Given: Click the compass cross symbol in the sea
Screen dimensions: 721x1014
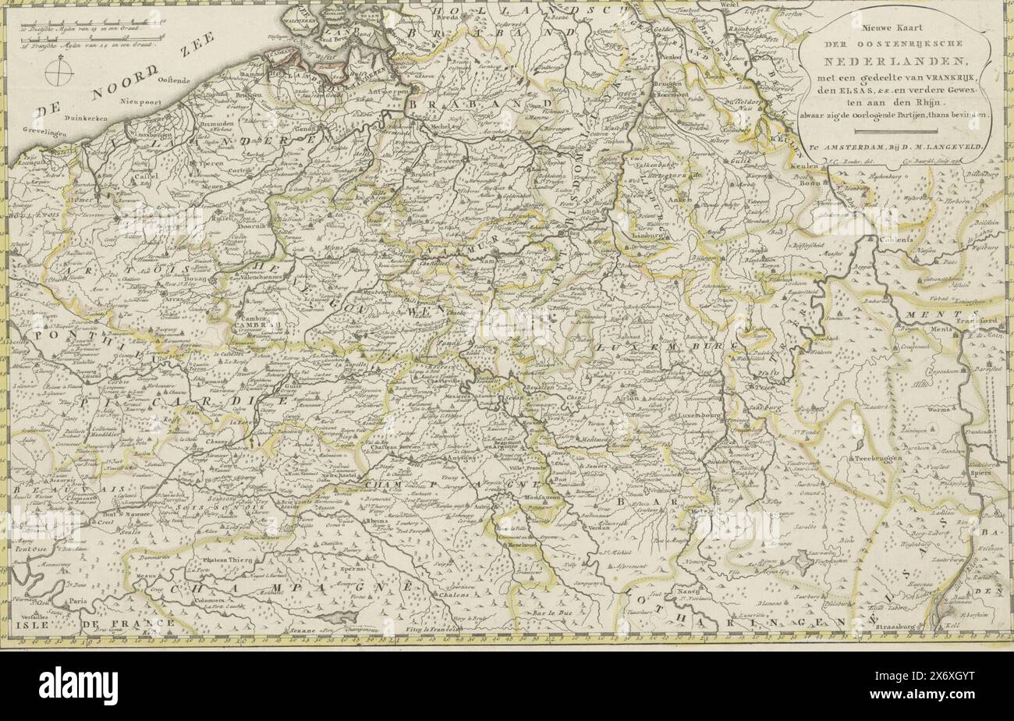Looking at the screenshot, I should click(x=59, y=73).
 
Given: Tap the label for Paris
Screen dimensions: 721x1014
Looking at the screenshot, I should click(x=76, y=602).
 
